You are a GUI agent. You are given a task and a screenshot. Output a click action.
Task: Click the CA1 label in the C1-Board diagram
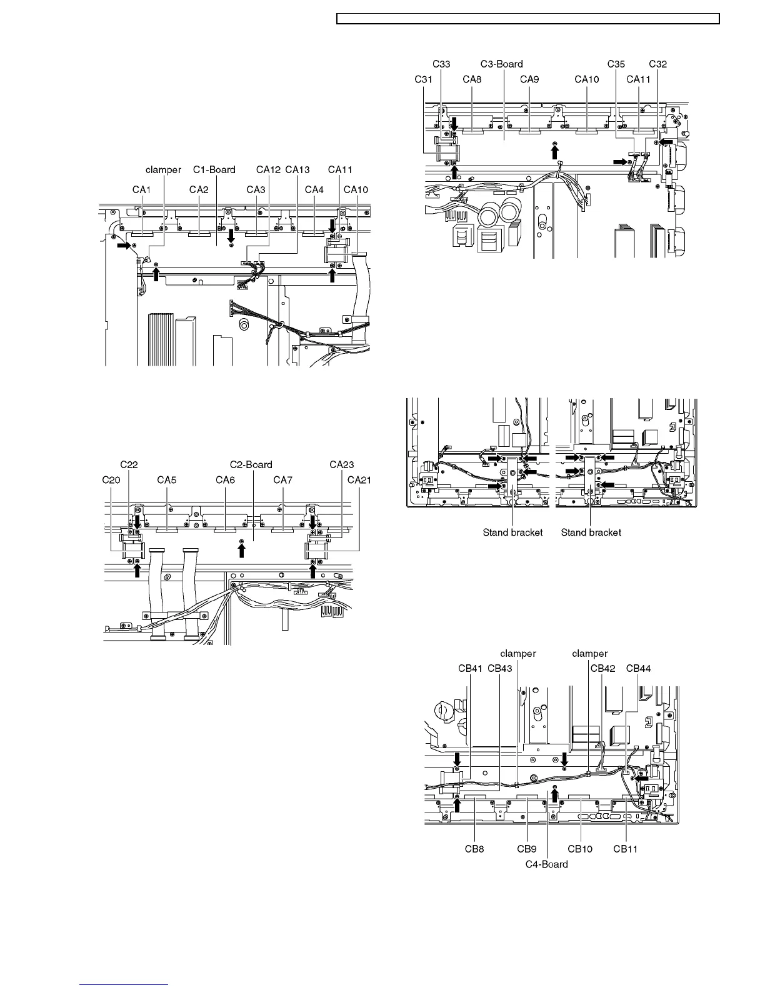tap(141, 190)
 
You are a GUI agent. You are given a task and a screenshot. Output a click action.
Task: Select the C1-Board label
tap(214, 169)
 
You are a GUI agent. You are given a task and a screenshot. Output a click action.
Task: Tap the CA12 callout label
tap(269, 169)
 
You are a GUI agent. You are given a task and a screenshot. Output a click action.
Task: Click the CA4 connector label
tap(314, 190)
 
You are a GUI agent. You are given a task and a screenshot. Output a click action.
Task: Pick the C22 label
tap(129, 464)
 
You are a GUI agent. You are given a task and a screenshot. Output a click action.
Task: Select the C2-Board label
tap(251, 464)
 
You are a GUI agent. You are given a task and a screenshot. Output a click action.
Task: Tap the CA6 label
tap(225, 480)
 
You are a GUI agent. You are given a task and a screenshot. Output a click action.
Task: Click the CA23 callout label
tap(342, 464)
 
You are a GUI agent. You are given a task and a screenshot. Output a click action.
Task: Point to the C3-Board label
tap(502, 64)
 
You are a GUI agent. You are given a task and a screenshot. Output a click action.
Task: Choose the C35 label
tap(616, 64)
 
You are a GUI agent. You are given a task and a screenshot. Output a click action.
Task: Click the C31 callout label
tap(423, 79)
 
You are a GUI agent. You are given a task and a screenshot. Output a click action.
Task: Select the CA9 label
tap(529, 79)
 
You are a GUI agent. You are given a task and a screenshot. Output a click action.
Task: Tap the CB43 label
tap(499, 668)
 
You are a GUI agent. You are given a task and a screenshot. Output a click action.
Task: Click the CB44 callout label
tap(638, 668)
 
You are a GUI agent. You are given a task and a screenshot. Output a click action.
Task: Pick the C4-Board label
tap(546, 864)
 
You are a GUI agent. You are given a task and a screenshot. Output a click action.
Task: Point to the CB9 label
tap(527, 849)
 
